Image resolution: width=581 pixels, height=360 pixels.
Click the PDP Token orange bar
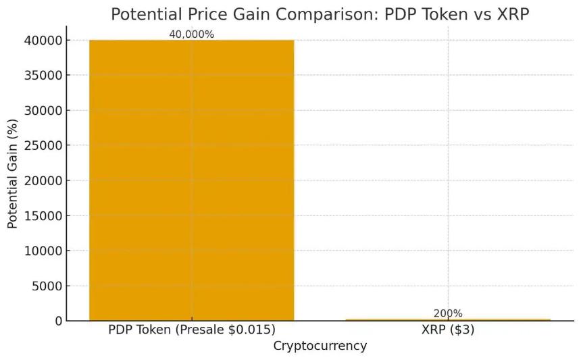(x=191, y=180)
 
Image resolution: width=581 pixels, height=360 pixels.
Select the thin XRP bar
(x=448, y=319)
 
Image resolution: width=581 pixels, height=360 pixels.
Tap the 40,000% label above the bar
(x=191, y=34)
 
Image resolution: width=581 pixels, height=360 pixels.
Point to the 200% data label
(x=448, y=313)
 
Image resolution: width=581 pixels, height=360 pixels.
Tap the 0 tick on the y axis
(x=59, y=322)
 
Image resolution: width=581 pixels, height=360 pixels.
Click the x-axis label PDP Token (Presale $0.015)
(x=191, y=330)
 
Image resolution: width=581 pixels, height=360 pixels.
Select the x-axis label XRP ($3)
(x=448, y=330)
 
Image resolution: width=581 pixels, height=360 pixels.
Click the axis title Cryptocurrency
(x=320, y=346)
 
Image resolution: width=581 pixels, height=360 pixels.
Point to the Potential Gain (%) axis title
(x=13, y=180)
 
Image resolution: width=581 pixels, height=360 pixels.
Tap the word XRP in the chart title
(x=509, y=14)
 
